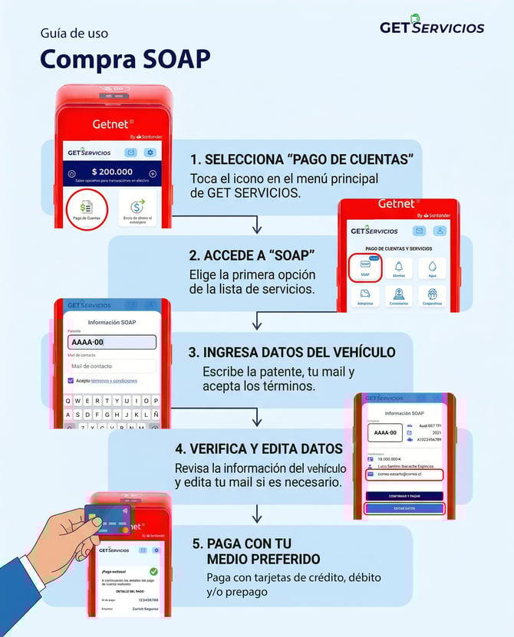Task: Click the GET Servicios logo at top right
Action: point(432,25)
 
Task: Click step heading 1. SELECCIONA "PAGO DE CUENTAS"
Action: point(302,159)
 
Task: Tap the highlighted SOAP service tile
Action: point(365,268)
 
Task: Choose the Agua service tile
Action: point(432,268)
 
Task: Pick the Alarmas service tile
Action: point(399,268)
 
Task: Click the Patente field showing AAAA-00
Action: point(111,343)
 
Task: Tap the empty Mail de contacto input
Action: point(111,366)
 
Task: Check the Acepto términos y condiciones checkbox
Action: point(71,380)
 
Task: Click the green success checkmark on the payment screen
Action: point(153,571)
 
